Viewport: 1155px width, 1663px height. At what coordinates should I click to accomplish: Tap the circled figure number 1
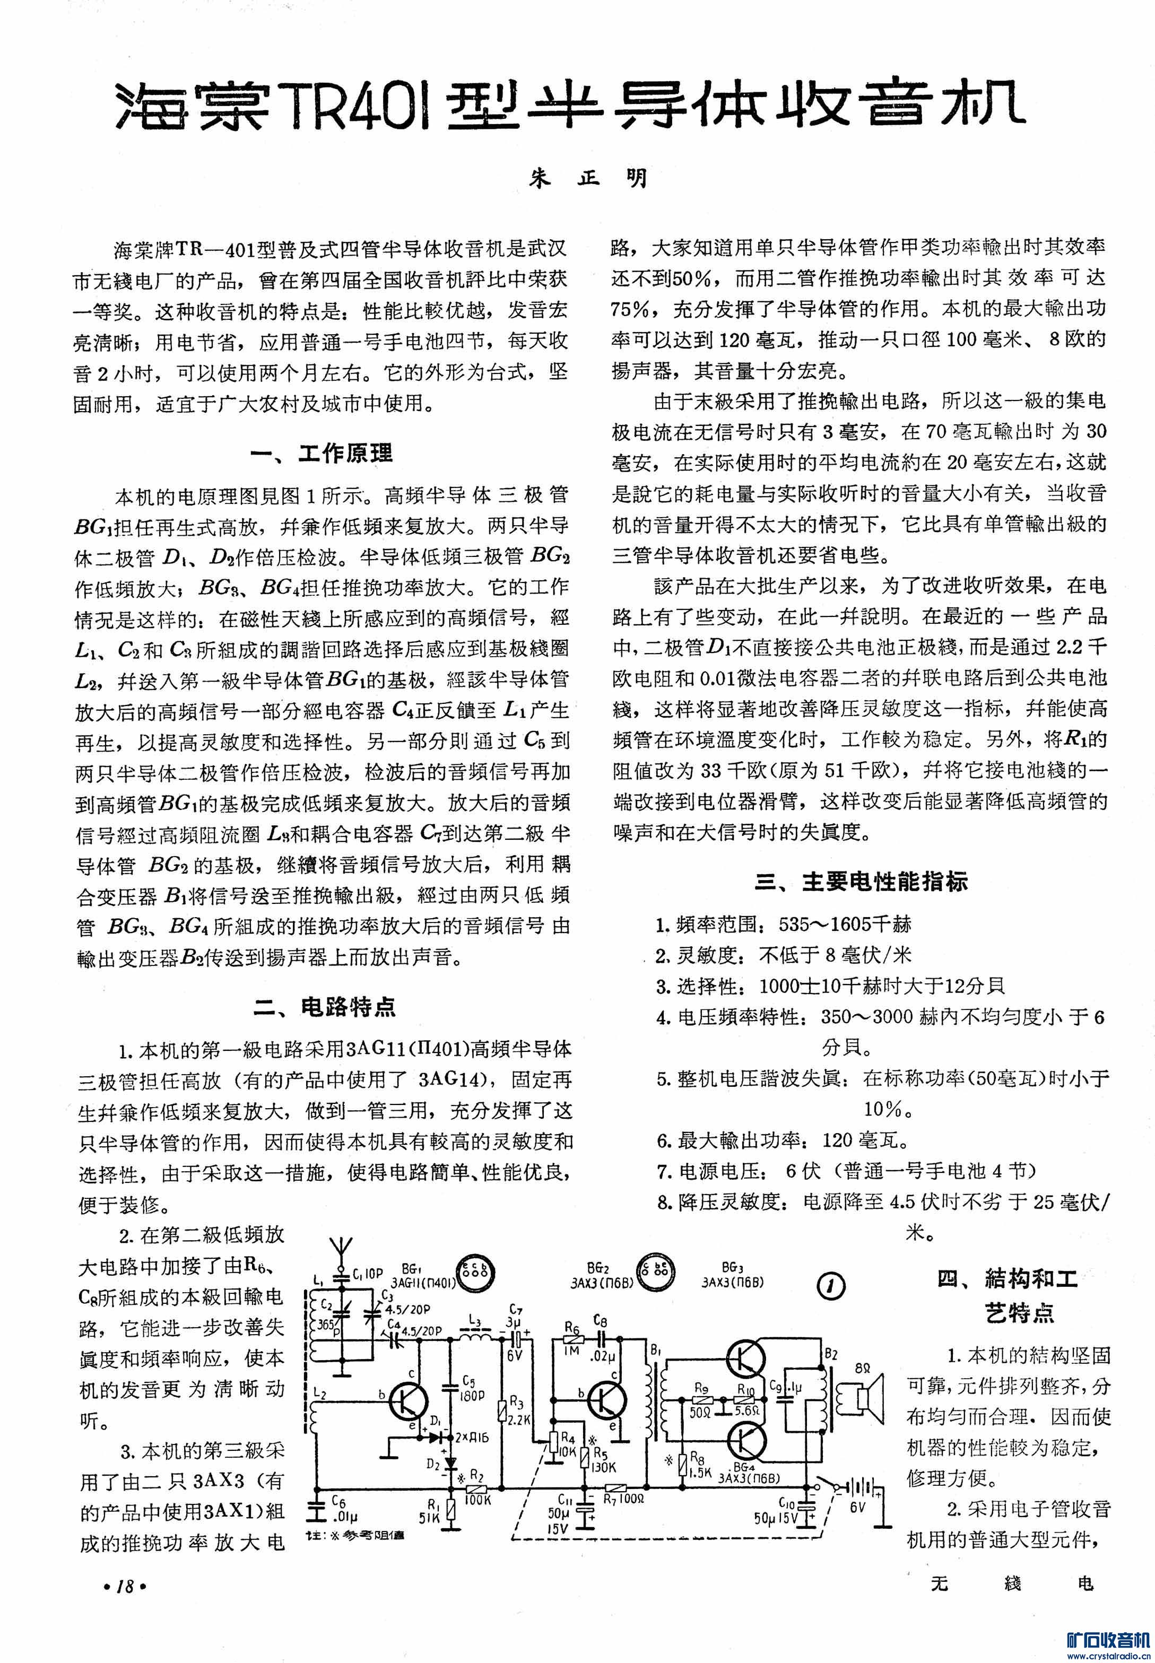(831, 1285)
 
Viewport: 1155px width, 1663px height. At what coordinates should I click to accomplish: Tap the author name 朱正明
(588, 178)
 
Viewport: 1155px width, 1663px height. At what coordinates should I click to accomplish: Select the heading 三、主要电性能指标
(861, 882)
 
